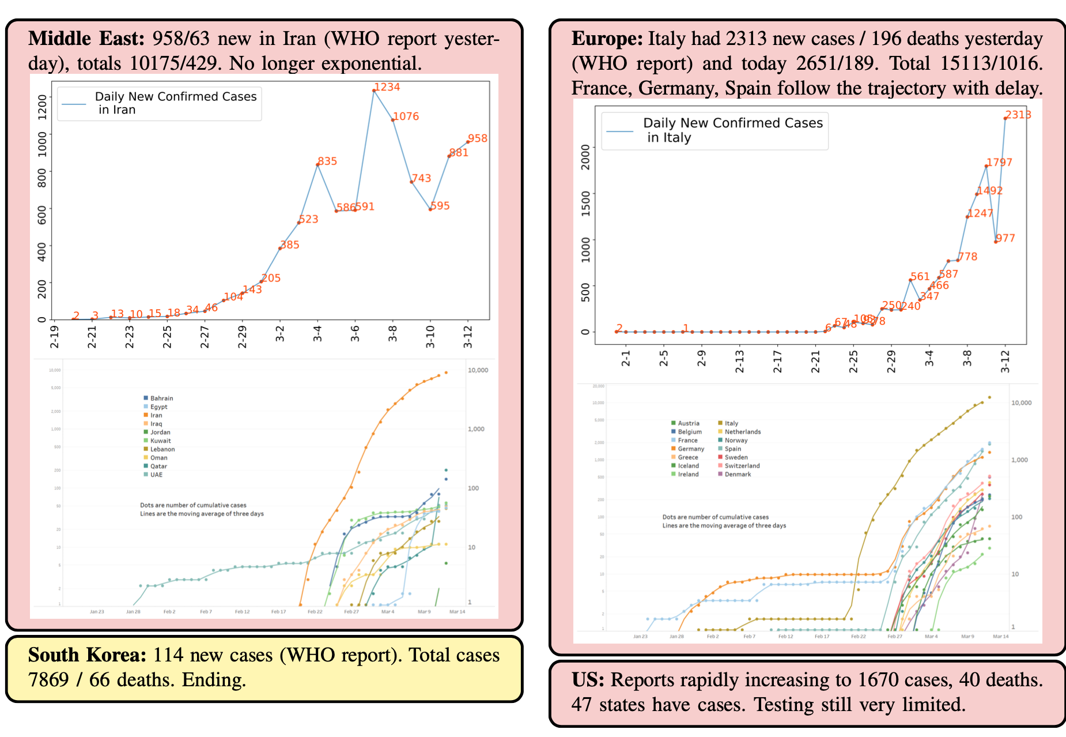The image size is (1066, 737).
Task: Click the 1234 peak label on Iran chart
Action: click(x=387, y=87)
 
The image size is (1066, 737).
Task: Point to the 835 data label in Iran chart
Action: click(x=327, y=161)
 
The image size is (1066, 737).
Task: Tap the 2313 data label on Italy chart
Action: click(x=1018, y=115)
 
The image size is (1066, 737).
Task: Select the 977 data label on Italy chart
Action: click(x=1005, y=238)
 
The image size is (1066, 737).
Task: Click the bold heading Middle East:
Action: click(x=86, y=39)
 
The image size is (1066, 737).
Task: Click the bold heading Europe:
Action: click(x=607, y=39)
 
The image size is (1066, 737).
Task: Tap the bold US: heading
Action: click(x=588, y=680)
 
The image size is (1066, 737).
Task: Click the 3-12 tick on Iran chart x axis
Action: click(x=468, y=336)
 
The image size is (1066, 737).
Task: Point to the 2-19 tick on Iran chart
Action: click(x=54, y=336)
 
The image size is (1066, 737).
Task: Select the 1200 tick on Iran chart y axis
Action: click(x=42, y=107)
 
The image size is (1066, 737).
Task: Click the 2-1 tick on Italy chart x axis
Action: click(x=626, y=358)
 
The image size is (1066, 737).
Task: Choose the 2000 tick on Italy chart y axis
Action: click(x=586, y=157)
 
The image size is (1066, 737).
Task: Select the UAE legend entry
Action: click(x=156, y=475)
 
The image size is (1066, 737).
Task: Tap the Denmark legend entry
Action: click(x=738, y=475)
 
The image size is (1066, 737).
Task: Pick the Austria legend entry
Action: click(x=688, y=423)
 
